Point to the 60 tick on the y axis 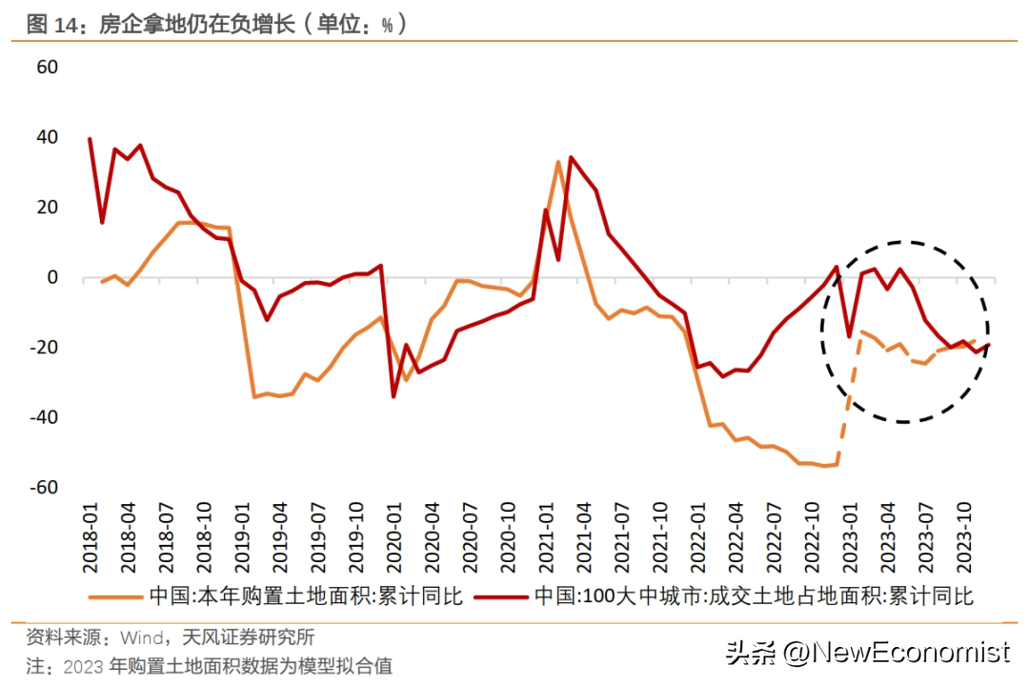(x=47, y=68)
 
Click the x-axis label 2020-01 (x=393, y=538)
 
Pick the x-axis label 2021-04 (x=581, y=538)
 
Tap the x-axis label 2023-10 (x=958, y=538)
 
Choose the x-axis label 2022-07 (x=770, y=538)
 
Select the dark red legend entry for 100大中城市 (x=753, y=597)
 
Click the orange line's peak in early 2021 (x=558, y=162)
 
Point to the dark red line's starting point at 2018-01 (x=90, y=139)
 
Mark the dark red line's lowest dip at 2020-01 (x=393, y=396)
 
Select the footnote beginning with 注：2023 (x=210, y=665)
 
